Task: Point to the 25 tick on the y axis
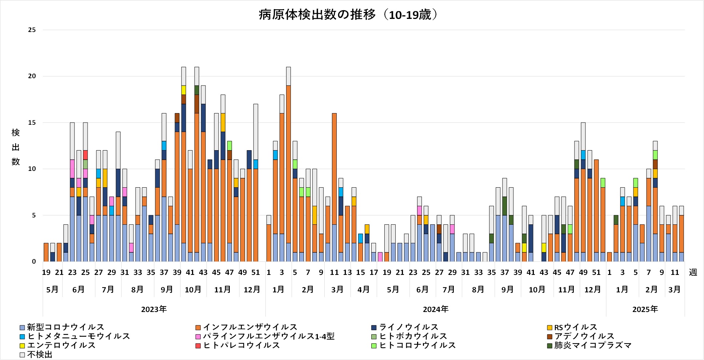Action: click(32, 30)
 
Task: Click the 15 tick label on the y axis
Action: click(32, 123)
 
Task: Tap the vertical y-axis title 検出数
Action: click(16, 147)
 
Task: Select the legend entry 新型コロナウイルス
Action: click(65, 327)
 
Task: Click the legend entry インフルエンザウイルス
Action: click(250, 327)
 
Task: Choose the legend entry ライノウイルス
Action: click(408, 327)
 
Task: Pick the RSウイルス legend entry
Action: click(575, 327)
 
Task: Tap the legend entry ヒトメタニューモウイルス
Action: click(79, 336)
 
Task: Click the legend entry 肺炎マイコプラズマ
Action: click(593, 345)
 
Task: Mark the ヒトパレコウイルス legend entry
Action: click(241, 345)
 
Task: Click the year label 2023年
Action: click(154, 309)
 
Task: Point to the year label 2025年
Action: click(645, 309)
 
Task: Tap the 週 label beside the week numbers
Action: click(693, 272)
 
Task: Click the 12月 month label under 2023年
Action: click(252, 289)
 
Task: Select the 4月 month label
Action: click(364, 289)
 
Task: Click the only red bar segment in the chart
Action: click(85, 155)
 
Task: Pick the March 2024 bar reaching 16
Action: click(334, 182)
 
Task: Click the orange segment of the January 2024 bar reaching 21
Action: click(288, 164)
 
